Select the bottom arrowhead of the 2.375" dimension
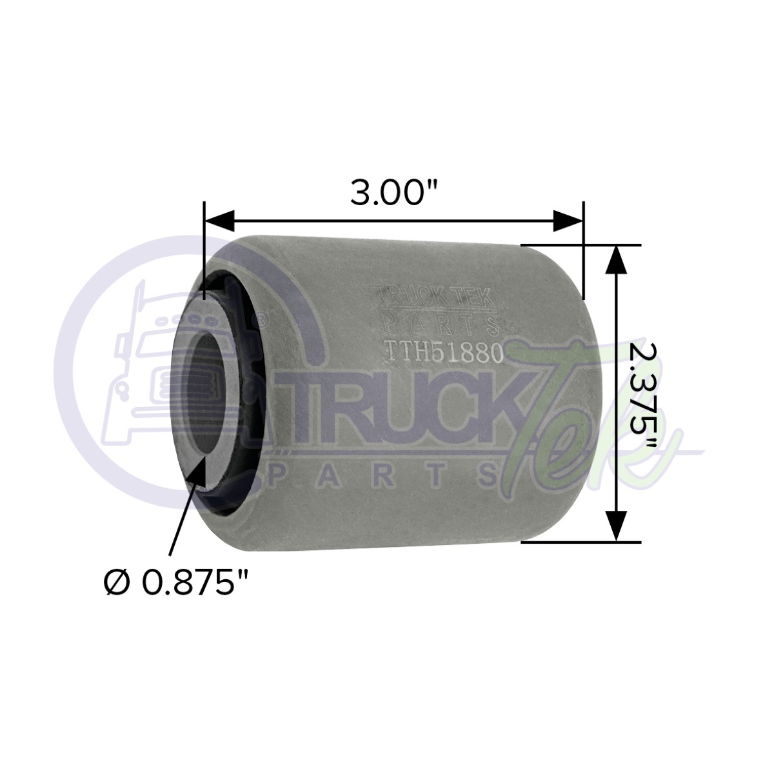pyautogui.click(x=617, y=526)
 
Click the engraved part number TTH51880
pyautogui.click(x=443, y=352)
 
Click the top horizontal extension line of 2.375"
pyautogui.click(x=580, y=245)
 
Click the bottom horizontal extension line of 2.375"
pyautogui.click(x=580, y=542)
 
